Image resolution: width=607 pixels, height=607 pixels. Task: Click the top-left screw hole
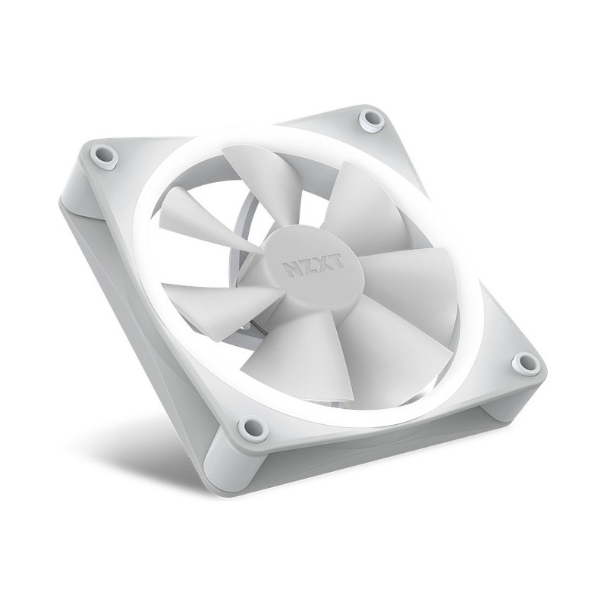click(104, 156)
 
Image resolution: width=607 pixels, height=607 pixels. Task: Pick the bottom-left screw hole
click(252, 426)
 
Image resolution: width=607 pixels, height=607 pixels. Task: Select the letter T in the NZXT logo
click(336, 263)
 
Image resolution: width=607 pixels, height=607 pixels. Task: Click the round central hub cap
click(313, 267)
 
